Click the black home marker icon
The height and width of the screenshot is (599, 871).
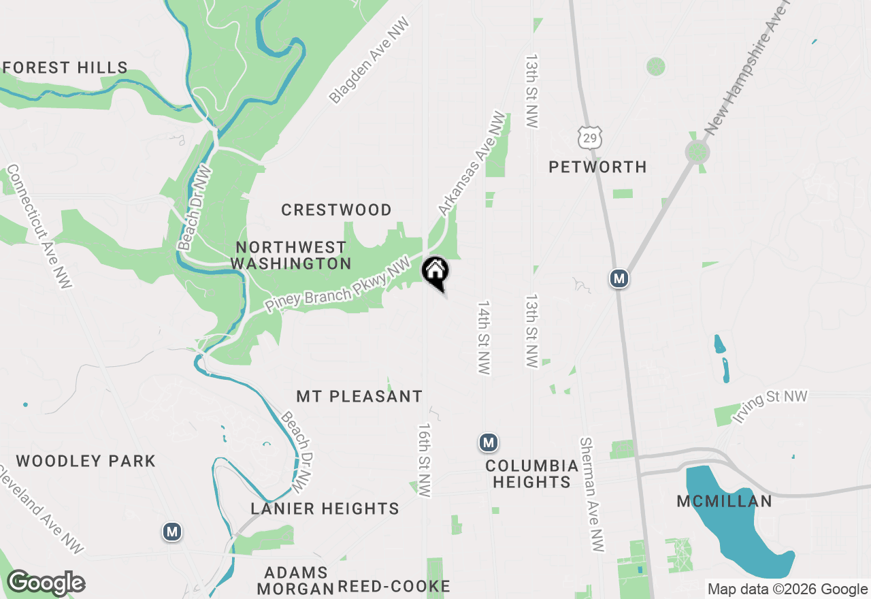(x=435, y=272)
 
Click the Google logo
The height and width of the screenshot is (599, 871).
(x=46, y=583)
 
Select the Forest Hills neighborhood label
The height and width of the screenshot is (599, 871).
(x=65, y=67)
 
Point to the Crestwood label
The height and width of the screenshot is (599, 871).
(x=336, y=210)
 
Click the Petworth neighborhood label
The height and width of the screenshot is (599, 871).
(x=597, y=167)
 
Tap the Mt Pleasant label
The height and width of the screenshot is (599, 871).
(x=359, y=396)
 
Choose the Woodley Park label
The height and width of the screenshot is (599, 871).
(x=86, y=461)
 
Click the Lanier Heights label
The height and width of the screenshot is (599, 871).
(x=325, y=508)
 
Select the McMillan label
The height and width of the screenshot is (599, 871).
(x=724, y=502)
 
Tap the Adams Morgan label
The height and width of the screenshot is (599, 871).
(x=296, y=580)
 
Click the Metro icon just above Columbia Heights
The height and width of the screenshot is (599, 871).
(x=488, y=443)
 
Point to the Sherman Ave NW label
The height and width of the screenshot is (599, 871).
(x=591, y=494)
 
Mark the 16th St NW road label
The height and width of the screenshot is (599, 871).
(x=425, y=460)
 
